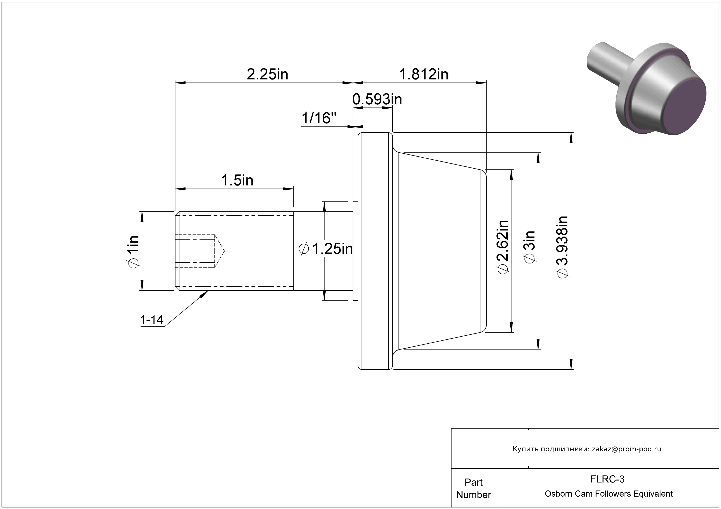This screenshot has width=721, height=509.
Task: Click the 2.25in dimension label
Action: click(267, 74)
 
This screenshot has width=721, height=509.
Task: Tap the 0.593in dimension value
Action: click(377, 99)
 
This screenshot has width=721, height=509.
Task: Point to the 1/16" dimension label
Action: click(319, 118)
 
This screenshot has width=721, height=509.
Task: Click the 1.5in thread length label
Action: click(237, 180)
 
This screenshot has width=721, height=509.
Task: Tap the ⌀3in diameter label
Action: click(530, 247)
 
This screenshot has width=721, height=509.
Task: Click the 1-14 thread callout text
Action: click(151, 320)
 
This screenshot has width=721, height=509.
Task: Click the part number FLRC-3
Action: click(607, 479)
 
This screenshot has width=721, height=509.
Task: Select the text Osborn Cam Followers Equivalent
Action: click(609, 494)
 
